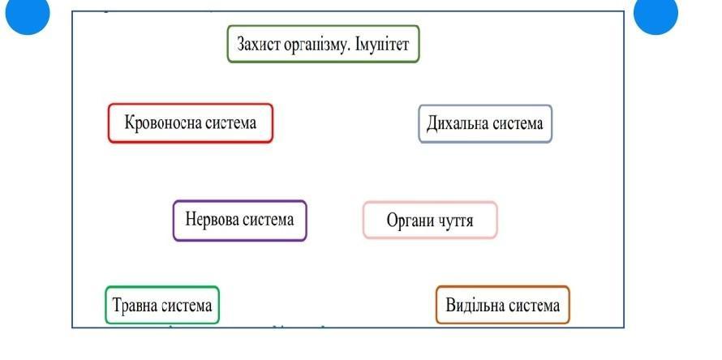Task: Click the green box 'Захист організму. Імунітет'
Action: coord(323,44)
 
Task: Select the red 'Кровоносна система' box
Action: coord(191,123)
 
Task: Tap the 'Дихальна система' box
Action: coord(485,124)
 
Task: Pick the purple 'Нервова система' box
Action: coord(240,221)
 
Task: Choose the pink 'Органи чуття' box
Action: coord(430,221)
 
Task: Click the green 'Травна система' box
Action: coord(162,306)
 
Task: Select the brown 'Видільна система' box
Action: coord(503,306)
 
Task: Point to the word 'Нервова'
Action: coord(210,220)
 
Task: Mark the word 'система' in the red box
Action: coord(226,123)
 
